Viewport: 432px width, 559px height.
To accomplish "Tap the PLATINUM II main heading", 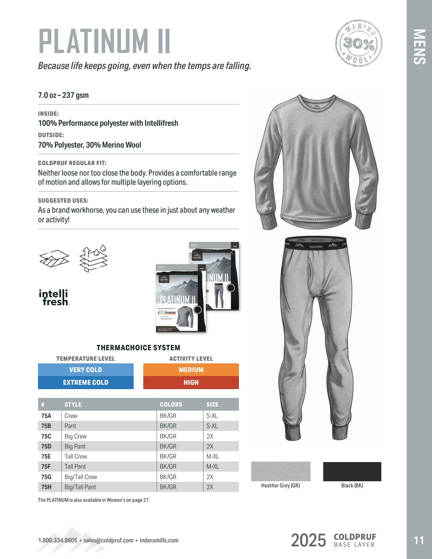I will pyautogui.click(x=104, y=41).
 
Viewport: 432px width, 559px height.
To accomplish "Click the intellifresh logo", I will pyautogui.click(x=54, y=297).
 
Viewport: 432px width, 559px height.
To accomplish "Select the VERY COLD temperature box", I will pyautogui.click(x=86, y=369).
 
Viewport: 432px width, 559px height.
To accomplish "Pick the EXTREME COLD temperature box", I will pyautogui.click(x=86, y=382).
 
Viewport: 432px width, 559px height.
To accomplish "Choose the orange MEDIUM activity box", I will pyautogui.click(x=191, y=369).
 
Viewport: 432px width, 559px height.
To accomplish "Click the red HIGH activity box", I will pyautogui.click(x=191, y=382).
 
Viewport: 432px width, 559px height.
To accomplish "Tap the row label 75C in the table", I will pyautogui.click(x=46, y=436).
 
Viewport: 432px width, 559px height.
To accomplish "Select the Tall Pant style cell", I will pyautogui.click(x=75, y=466).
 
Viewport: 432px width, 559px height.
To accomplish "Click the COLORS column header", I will pyautogui.click(x=171, y=404).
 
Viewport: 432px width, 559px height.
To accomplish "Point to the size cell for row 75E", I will pyautogui.click(x=213, y=456).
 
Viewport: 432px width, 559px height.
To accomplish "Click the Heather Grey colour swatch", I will pyautogui.click(x=280, y=471).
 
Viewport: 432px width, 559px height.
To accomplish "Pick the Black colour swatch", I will pyautogui.click(x=352, y=471).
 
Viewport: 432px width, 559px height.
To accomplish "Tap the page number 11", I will pyautogui.click(x=418, y=540).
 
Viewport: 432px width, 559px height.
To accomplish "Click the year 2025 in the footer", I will pyautogui.click(x=308, y=540).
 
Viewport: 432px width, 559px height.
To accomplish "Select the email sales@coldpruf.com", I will pyautogui.click(x=108, y=540).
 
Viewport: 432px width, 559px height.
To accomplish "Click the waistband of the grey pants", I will pyautogui.click(x=315, y=244).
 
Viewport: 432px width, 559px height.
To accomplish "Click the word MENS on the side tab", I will pyautogui.click(x=419, y=47).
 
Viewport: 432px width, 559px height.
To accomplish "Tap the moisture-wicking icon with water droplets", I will pyautogui.click(x=94, y=259).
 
